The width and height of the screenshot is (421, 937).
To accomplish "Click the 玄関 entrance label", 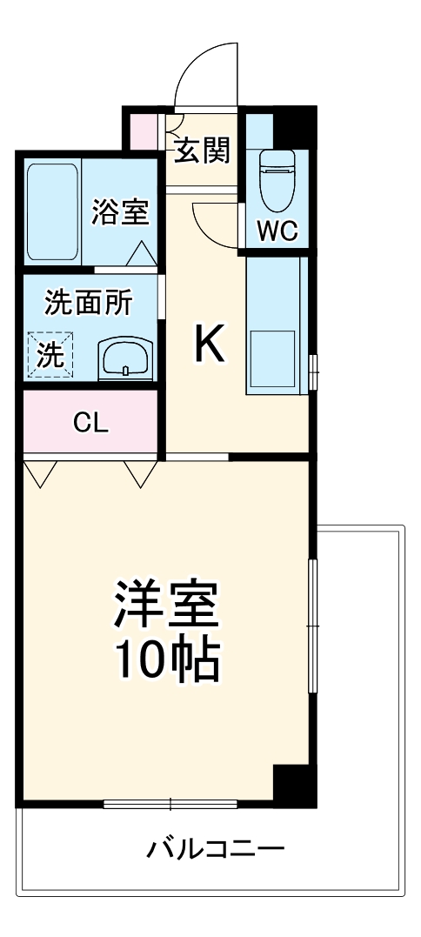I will point(204,151).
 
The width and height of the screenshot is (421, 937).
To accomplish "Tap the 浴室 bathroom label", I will point(121,211).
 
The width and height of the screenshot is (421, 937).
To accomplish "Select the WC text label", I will point(277,231).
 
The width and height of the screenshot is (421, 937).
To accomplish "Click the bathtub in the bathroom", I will point(52,211).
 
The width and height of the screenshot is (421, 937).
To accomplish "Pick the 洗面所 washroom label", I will point(89,304).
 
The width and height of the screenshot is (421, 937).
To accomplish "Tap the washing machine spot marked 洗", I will point(50,355).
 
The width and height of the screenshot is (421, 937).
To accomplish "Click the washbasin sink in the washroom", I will point(126,357).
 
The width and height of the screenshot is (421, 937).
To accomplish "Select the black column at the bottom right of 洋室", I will point(291,786).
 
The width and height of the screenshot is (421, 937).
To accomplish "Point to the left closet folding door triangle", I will point(41,472).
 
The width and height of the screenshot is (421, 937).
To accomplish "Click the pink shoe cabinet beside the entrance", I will point(144,129).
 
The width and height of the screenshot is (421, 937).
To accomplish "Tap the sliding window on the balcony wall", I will point(170,803).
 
